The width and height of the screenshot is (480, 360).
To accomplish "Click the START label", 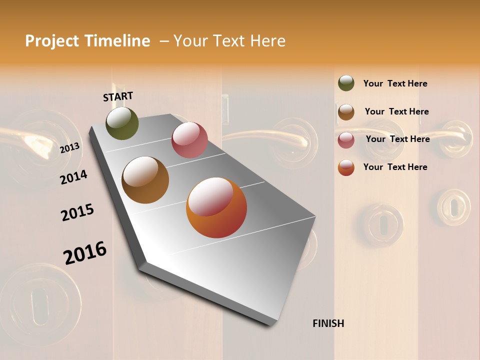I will pos(118,96).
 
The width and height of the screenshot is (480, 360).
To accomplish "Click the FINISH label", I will pos(328,323).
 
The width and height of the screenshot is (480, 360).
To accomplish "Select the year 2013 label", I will pos(69,148).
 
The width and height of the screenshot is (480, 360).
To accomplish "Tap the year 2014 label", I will pos(73,177).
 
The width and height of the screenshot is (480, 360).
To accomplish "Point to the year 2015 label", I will pos(77,213).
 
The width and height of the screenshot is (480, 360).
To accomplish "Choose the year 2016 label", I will pos(85,253).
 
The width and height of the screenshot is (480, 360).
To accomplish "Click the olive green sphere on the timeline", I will pos(122,123).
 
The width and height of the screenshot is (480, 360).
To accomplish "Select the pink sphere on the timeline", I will pos(189,140).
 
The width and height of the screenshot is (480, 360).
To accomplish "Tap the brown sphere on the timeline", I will pos(145,180).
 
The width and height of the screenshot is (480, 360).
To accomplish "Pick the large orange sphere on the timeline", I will pos(216,207).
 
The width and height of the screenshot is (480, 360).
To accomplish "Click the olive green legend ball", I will pos(346,83).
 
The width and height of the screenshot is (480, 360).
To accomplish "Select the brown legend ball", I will pos(346,111).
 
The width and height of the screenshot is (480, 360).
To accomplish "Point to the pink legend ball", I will pos(346,140).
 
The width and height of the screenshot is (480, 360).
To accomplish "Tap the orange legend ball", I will pos(346,167).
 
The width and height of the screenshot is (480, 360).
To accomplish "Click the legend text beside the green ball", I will pos(395,83).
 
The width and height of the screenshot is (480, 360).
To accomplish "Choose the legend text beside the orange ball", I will pos(395,167).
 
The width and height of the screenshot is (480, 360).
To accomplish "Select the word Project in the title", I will pos(52,41).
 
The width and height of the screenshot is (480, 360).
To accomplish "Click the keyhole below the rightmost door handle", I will pos(454,207).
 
